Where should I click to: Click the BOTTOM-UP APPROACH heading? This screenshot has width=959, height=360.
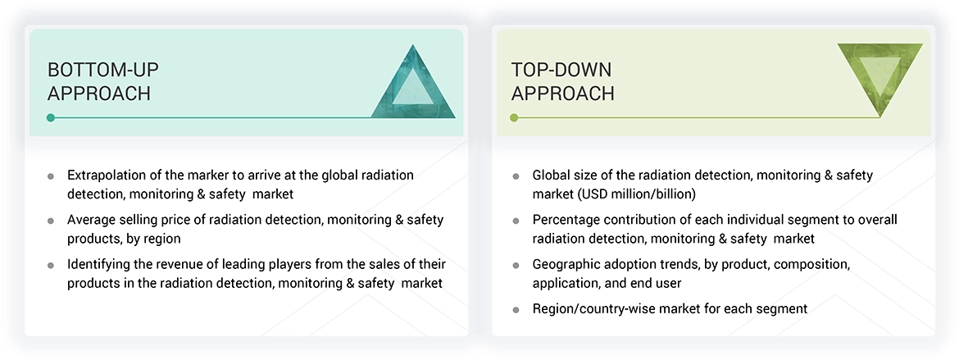coord(99,81)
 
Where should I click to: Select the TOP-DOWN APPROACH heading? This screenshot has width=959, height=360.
coord(562,81)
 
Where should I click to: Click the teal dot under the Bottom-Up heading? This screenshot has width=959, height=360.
coord(51,118)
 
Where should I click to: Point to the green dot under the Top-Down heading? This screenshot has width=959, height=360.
coord(514,118)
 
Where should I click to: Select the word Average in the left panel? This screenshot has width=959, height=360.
coord(93,220)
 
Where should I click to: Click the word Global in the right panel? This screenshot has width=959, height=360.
coord(552,175)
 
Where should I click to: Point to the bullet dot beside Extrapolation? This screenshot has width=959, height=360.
coord(51,176)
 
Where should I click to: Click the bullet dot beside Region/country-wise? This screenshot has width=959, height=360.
coord(516,310)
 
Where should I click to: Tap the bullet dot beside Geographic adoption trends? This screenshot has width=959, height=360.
coord(516,267)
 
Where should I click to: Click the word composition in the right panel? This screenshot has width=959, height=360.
coord(809,265)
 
